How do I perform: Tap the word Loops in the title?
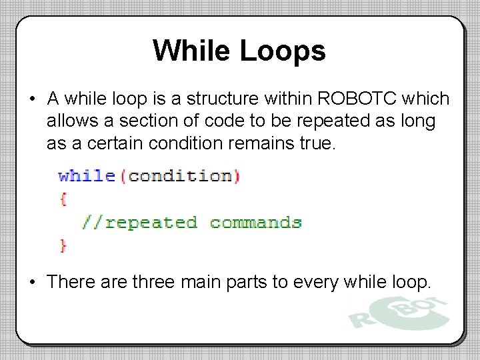coord(283,51)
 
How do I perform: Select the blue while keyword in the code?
coord(87,176)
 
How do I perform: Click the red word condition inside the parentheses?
coord(180,176)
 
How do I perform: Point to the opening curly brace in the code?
coord(63,199)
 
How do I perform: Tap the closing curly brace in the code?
coord(63,245)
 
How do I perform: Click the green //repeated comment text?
coord(139,222)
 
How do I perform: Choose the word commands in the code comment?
coord(255,222)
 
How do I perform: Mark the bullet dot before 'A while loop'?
coord(32,100)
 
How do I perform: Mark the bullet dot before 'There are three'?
coord(32,283)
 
